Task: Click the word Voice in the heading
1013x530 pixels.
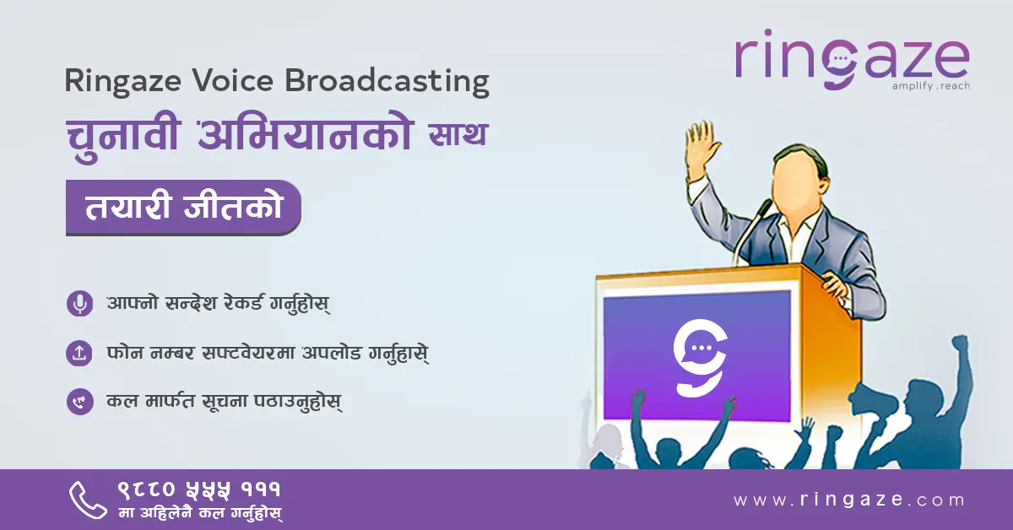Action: pyautogui.click(x=233, y=81)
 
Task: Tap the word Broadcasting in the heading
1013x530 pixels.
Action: pyautogui.click(x=387, y=83)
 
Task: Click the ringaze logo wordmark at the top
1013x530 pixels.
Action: pyautogui.click(x=852, y=60)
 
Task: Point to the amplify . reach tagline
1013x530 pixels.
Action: pyautogui.click(x=930, y=86)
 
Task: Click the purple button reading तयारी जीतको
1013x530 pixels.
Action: pyautogui.click(x=183, y=208)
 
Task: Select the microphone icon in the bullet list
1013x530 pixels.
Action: pyautogui.click(x=80, y=303)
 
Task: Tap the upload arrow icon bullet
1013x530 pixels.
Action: pyautogui.click(x=79, y=353)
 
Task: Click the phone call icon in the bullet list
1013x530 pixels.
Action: pyautogui.click(x=80, y=402)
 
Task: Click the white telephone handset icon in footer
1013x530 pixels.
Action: pyautogui.click(x=88, y=500)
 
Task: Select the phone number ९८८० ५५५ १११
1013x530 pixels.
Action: pyautogui.click(x=199, y=489)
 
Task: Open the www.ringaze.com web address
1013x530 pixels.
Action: pyautogui.click(x=849, y=500)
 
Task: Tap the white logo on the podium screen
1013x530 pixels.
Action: pyautogui.click(x=701, y=358)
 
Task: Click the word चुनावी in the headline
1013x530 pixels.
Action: pyautogui.click(x=123, y=135)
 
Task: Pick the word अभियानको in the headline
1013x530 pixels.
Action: pyautogui.click(x=304, y=135)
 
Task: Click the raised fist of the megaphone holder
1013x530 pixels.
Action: pyautogui.click(x=960, y=343)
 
